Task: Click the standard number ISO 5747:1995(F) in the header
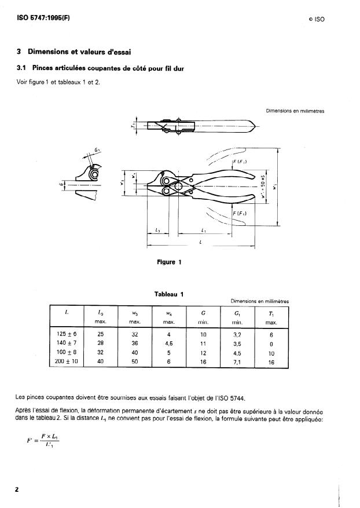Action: coord(43,17)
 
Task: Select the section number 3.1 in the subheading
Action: coord(25,68)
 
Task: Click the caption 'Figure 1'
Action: coord(170,262)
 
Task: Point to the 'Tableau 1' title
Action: coord(169,294)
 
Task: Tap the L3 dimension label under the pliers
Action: coord(157,230)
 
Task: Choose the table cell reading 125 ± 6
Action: coord(67,335)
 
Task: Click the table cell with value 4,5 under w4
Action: coord(169,343)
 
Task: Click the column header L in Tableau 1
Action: coord(67,313)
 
